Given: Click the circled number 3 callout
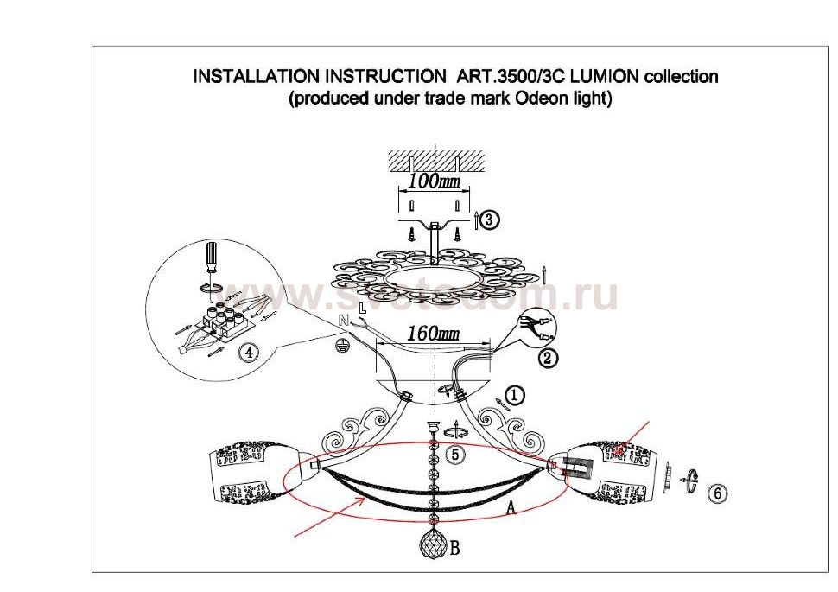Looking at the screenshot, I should [x=489, y=220].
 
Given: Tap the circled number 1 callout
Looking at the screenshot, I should [x=515, y=396].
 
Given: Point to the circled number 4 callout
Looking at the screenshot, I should [x=248, y=353].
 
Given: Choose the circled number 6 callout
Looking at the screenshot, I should [x=716, y=493].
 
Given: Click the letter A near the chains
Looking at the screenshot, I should [x=511, y=509].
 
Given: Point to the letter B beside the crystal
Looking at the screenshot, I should [x=455, y=546].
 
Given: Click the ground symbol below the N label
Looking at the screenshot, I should [x=342, y=344].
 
